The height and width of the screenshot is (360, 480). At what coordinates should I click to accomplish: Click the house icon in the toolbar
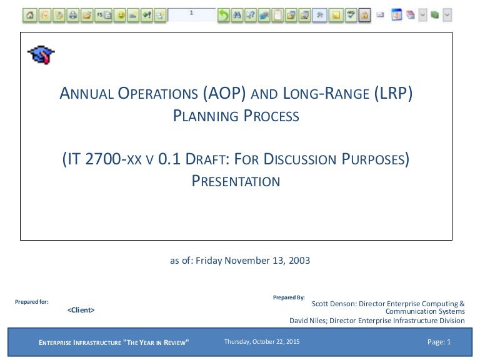[x=30, y=15]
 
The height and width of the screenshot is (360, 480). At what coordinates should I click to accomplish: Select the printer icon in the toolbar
[x=73, y=15]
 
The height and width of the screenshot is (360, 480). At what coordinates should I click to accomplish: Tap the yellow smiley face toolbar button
[x=121, y=15]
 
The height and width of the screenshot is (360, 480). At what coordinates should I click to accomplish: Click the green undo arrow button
[x=224, y=15]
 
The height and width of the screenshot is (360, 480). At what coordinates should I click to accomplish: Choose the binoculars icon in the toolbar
[x=237, y=15]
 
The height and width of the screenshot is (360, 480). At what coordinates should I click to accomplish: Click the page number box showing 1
[x=192, y=14]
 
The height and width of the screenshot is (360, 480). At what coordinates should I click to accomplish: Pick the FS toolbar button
[x=104, y=15]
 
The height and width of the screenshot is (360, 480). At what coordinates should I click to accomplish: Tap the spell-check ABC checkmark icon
[x=351, y=15]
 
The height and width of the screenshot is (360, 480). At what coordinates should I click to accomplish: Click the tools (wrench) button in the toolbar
[x=319, y=15]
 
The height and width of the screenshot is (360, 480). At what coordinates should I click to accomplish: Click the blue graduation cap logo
[x=41, y=55]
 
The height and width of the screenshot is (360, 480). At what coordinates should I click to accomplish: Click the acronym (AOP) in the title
[x=224, y=93]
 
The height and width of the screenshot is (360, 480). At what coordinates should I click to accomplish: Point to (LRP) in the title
[x=393, y=93]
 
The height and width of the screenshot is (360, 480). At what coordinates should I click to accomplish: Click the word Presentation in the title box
[x=236, y=181]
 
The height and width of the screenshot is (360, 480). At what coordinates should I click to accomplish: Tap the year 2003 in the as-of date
[x=299, y=261]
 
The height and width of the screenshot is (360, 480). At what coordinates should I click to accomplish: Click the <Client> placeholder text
[x=81, y=310]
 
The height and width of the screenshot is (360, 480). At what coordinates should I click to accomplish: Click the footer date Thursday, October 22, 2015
[x=262, y=342]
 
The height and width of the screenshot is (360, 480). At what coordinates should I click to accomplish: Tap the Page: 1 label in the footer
[x=439, y=342]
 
